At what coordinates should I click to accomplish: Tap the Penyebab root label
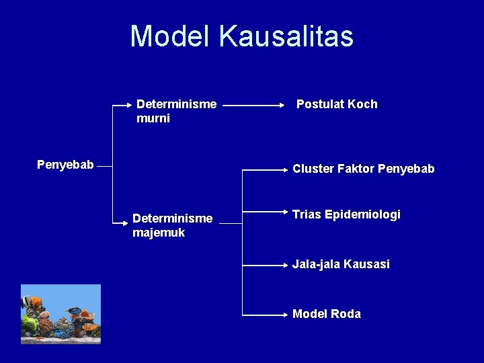pyautogui.click(x=65, y=165)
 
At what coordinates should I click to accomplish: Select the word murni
pyautogui.click(x=153, y=118)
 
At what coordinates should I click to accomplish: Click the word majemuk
pyautogui.click(x=159, y=233)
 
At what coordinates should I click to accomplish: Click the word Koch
pyautogui.click(x=364, y=104)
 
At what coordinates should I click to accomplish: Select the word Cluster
pyautogui.click(x=313, y=169)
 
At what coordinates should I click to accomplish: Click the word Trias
pyautogui.click(x=307, y=214)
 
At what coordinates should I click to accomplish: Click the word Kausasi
pyautogui.click(x=366, y=264)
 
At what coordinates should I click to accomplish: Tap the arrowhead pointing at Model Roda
pyautogui.click(x=286, y=314)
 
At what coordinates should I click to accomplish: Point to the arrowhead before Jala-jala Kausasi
pyautogui.click(x=286, y=264)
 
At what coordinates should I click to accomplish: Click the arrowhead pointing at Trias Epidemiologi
pyautogui.click(x=286, y=216)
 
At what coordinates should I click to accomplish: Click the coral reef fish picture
pyautogui.click(x=61, y=314)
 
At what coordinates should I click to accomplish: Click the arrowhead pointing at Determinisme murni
pyautogui.click(x=130, y=106)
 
